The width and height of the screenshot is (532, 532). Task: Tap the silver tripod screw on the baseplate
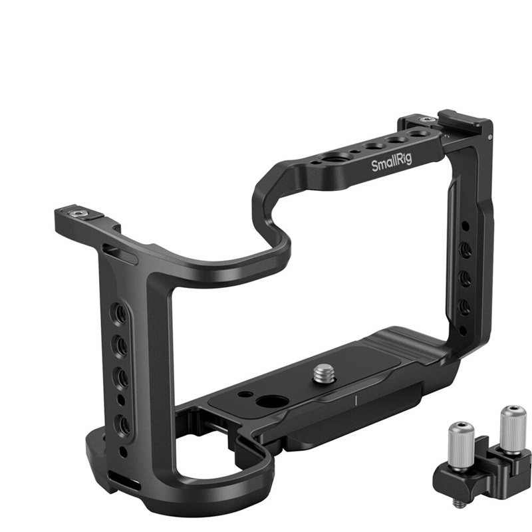tap(324, 372)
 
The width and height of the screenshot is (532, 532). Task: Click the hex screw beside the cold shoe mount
tap(427, 119)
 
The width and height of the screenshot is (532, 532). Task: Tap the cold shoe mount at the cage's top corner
tap(464, 123)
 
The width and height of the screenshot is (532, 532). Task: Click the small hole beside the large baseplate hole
tap(245, 394)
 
